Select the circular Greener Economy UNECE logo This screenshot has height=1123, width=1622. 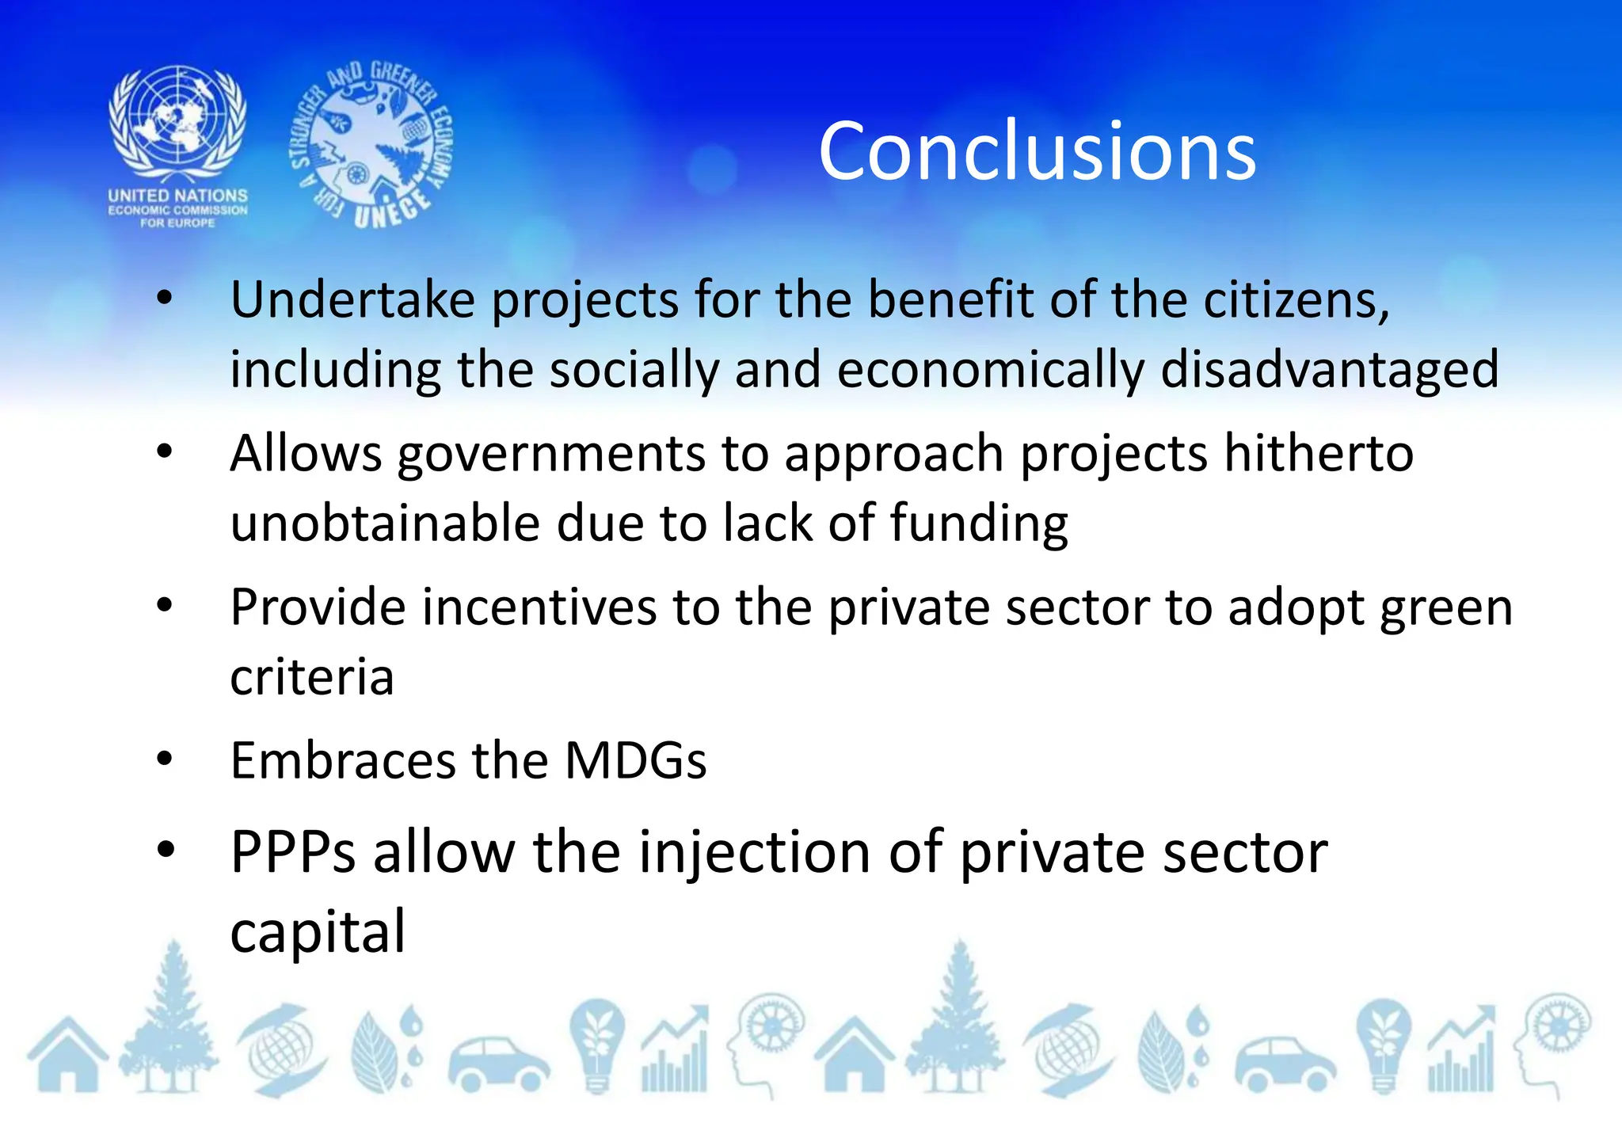(x=371, y=145)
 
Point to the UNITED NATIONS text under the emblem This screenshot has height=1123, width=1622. (x=178, y=195)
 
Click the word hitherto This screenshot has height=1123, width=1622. (x=1319, y=453)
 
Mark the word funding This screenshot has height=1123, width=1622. (x=979, y=525)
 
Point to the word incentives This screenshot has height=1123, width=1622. (x=539, y=607)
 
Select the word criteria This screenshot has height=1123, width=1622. (x=312, y=677)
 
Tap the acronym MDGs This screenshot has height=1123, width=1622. (x=635, y=761)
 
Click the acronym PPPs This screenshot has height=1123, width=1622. (x=293, y=853)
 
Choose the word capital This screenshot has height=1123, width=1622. (x=318, y=932)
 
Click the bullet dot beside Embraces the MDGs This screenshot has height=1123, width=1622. (x=164, y=759)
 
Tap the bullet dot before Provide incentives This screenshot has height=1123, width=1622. (x=164, y=606)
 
